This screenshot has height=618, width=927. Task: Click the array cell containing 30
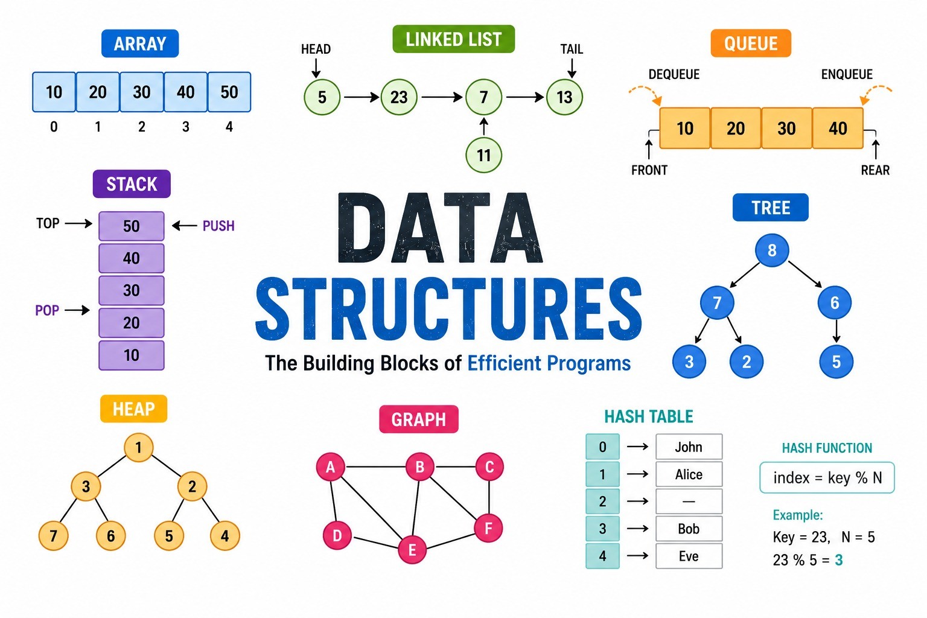pos(142,92)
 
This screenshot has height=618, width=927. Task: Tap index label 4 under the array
pos(229,127)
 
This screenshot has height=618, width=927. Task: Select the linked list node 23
pos(399,97)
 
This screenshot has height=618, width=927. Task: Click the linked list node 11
pos(483,155)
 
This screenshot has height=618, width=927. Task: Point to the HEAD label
pos(316,49)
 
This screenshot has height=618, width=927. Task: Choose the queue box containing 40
pos(838,129)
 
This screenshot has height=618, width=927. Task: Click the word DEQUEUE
pos(674,74)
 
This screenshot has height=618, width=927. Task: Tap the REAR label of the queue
pos(875,170)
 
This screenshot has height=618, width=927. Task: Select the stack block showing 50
pos(131,226)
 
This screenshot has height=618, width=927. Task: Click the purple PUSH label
pos(218,226)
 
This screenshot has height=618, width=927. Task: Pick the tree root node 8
pos(772,250)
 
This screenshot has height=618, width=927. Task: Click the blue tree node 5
pos(836,362)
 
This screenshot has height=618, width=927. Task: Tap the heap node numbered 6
pos(110,536)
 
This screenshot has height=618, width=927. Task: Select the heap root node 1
pos(139,447)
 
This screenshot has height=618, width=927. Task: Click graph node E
pos(412,550)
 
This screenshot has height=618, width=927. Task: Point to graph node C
pos(489,467)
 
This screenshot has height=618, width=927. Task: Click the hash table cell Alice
pos(689,474)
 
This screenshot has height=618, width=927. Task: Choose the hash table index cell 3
pos(602,529)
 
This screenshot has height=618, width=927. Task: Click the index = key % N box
pos(827,477)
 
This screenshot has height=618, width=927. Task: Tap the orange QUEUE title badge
pos(751,43)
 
